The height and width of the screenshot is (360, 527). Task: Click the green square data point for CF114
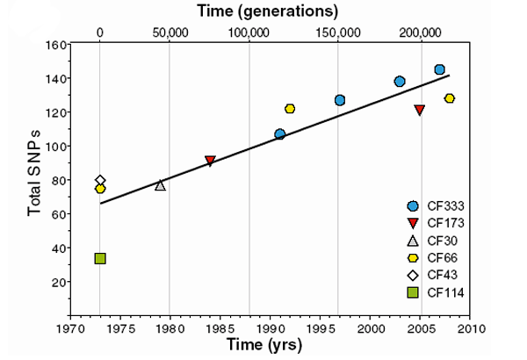(x=100, y=258)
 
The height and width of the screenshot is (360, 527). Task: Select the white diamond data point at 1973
(x=100, y=180)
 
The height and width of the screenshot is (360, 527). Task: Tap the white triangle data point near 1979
(x=160, y=185)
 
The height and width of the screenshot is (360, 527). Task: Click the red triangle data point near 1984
(x=210, y=162)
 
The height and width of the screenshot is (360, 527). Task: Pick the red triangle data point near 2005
(x=420, y=111)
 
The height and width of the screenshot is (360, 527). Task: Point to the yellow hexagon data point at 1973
(x=100, y=189)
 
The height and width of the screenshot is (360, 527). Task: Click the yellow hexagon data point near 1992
(x=290, y=109)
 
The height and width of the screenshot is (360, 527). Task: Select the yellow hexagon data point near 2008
(x=450, y=98)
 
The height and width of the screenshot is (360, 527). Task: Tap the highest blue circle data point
(x=439, y=69)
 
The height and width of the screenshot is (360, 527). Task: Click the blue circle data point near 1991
(x=279, y=134)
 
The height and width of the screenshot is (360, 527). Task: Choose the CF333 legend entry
(x=434, y=205)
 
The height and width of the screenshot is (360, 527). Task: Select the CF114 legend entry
(x=434, y=292)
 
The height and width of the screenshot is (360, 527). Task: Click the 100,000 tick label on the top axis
(x=249, y=32)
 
